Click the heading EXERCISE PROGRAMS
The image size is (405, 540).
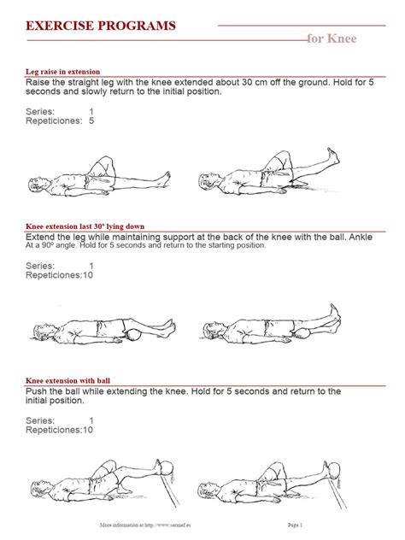[101, 27]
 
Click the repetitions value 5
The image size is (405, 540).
[91, 121]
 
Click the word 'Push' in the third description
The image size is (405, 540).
[40, 392]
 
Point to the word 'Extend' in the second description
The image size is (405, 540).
[44, 237]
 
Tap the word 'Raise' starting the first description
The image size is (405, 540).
[42, 83]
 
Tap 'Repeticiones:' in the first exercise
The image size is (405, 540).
[54, 121]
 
